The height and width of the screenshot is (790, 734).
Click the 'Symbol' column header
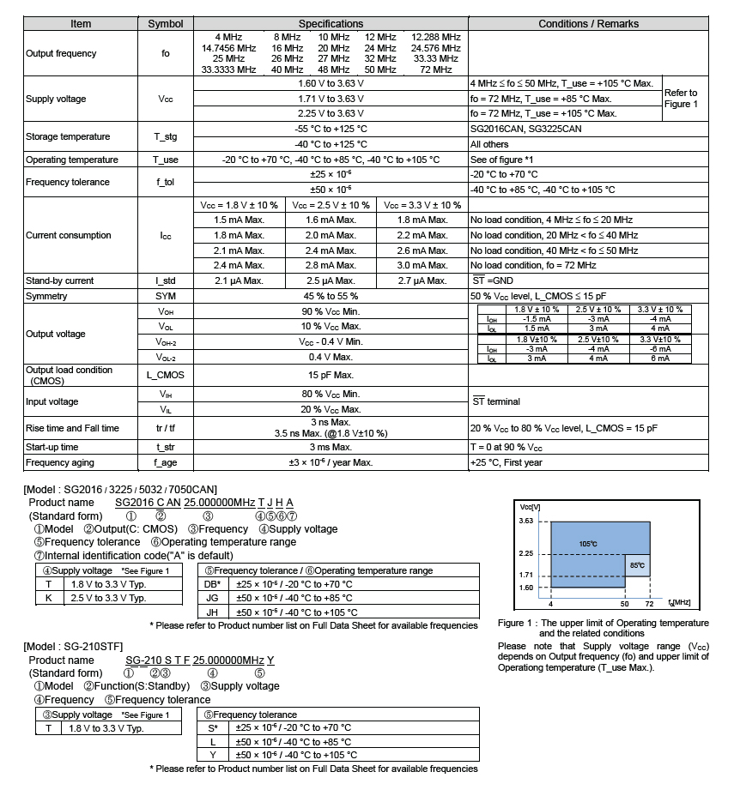coord(166,24)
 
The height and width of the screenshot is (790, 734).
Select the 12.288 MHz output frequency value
coord(435,37)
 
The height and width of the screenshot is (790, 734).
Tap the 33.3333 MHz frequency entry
coord(228,69)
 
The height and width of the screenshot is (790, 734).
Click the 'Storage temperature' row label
coord(68,136)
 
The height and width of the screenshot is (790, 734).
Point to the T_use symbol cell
coord(166,160)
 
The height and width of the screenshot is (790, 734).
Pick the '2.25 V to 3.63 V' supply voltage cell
coord(331,113)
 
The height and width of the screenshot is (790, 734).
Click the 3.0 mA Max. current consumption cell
coord(422,266)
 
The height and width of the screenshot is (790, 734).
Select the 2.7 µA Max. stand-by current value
coord(422,280)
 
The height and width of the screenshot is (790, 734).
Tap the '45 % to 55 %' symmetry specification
coord(331,296)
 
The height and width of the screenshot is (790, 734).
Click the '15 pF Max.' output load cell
coord(331,375)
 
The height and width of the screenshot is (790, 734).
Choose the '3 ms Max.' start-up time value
coord(331,448)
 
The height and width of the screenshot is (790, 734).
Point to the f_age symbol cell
coord(166,462)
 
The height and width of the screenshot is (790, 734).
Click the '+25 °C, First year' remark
coord(506,462)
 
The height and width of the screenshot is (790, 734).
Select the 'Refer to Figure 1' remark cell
coord(681,99)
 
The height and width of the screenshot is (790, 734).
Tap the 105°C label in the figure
coord(587,544)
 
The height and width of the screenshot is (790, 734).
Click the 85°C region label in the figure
coord(637,565)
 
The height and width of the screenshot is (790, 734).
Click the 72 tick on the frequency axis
coord(649,603)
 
